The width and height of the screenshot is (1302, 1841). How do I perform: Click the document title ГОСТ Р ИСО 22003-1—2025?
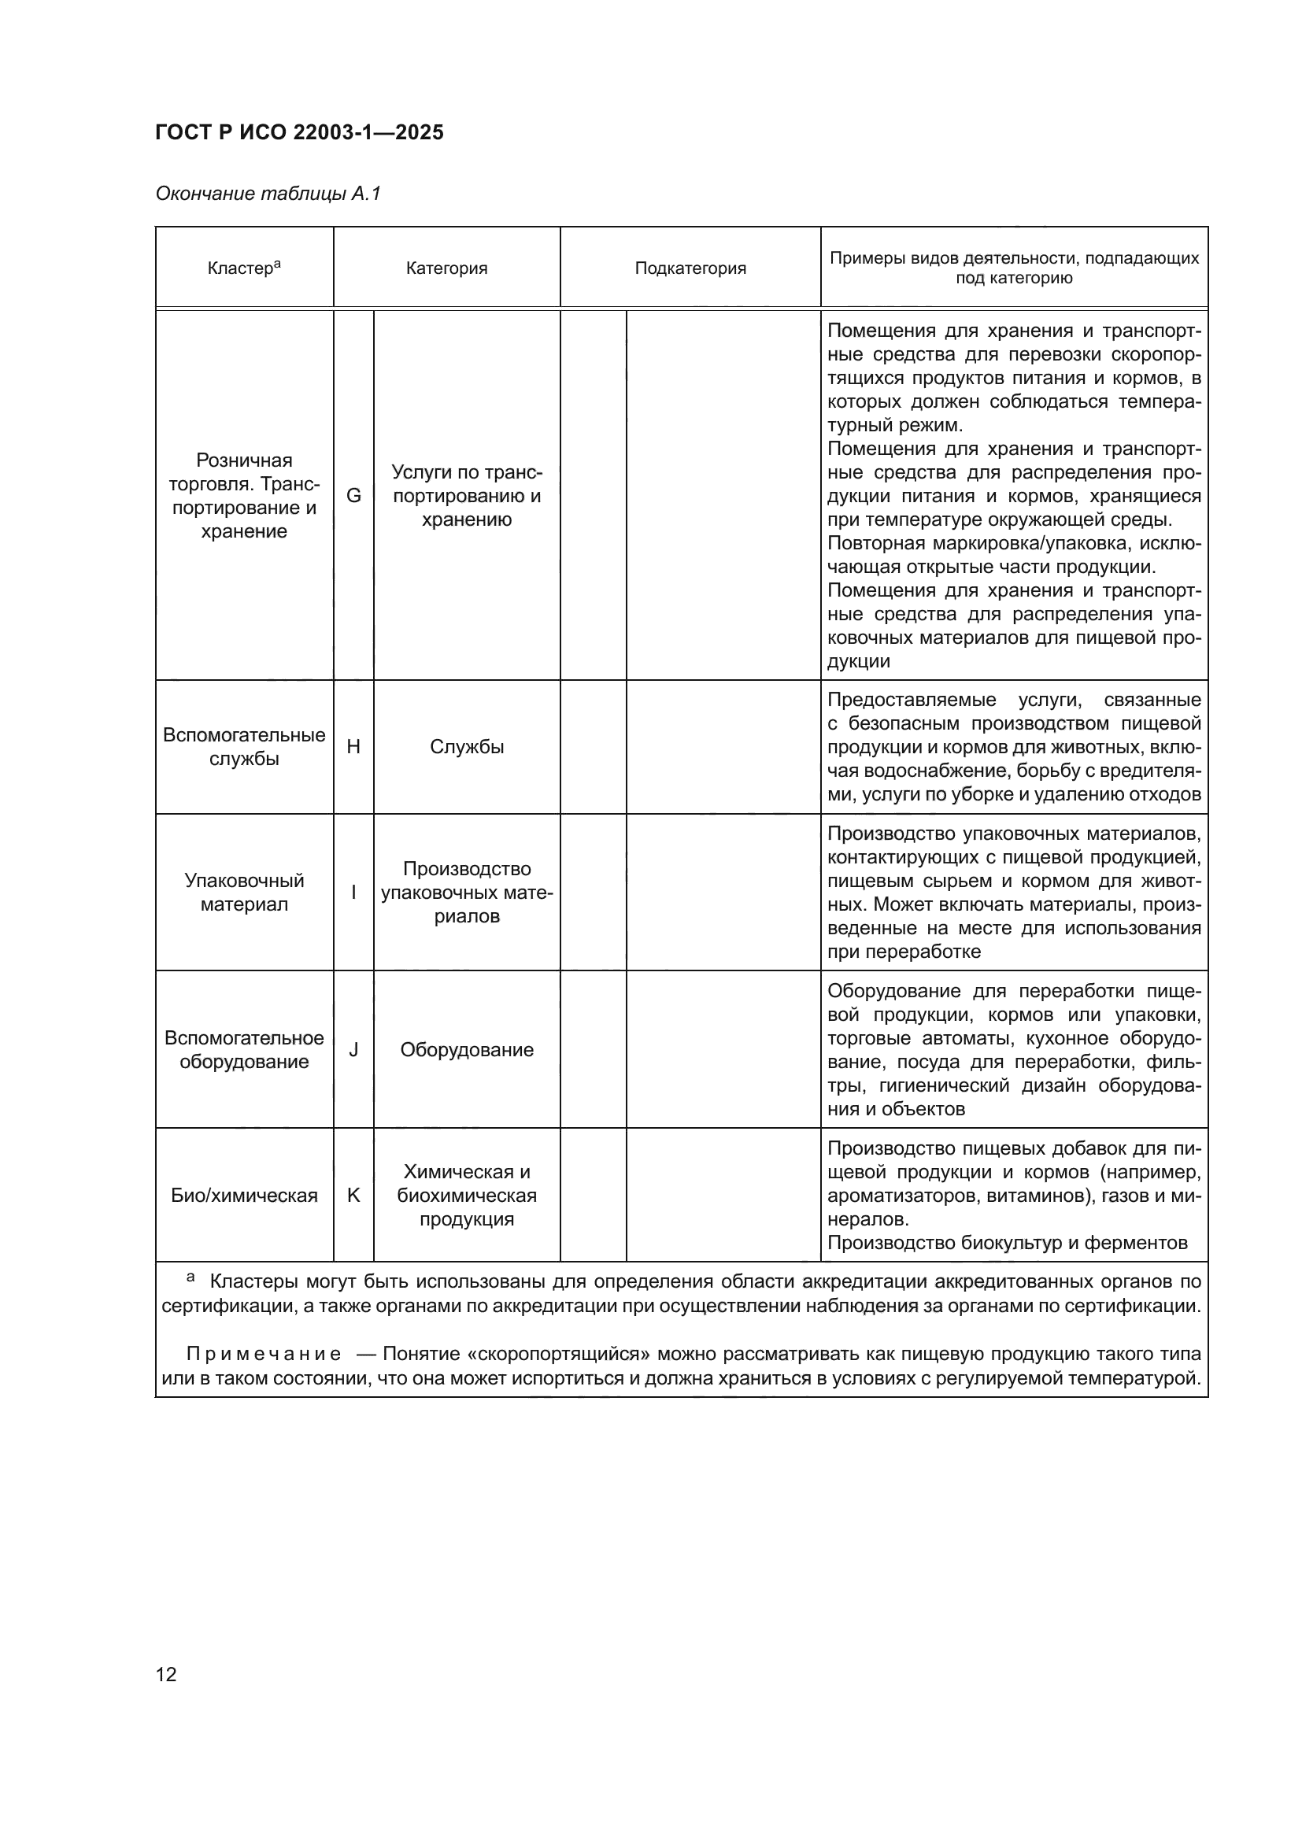299,132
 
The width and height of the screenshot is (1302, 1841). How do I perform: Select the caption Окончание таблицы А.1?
268,194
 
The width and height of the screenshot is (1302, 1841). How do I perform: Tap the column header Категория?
446,268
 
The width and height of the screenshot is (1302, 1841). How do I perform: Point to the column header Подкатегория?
690,268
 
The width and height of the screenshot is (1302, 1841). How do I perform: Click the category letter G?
353,496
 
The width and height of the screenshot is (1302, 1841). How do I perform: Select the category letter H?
353,746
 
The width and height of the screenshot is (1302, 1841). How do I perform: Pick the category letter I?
353,892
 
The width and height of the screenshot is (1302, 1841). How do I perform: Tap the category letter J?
353,1050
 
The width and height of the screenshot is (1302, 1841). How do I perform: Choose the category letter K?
353,1195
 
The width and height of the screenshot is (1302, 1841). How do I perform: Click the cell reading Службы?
467,746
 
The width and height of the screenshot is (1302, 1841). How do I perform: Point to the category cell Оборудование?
467,1050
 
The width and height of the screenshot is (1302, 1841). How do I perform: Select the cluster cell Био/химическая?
244,1195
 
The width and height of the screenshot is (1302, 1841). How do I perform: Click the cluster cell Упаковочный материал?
244,893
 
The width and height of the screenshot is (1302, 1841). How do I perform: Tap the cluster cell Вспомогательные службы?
244,746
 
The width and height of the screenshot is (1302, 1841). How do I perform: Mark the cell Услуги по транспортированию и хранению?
467,496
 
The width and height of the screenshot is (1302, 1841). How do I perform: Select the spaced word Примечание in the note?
264,1355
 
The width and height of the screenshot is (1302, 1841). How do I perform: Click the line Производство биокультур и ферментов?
1007,1243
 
